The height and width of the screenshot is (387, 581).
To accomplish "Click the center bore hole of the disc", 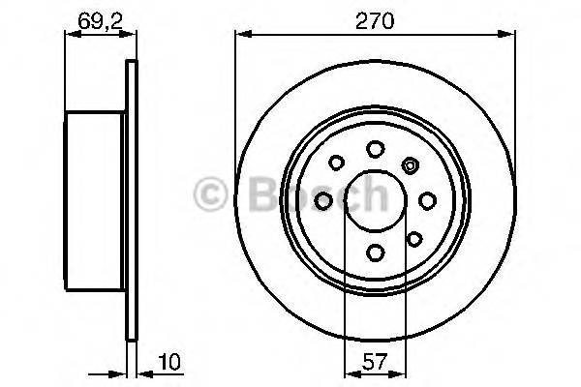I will tap(375, 200).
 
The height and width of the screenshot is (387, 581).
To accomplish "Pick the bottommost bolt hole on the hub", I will tap(375, 253).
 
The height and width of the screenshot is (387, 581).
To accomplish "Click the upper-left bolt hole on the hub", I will tap(337, 163).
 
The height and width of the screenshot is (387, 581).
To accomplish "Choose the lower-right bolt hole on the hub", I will tap(413, 238).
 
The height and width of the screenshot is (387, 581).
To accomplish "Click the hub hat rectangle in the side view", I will tap(94, 199).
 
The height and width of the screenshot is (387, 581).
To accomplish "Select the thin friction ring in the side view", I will tap(129, 199).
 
